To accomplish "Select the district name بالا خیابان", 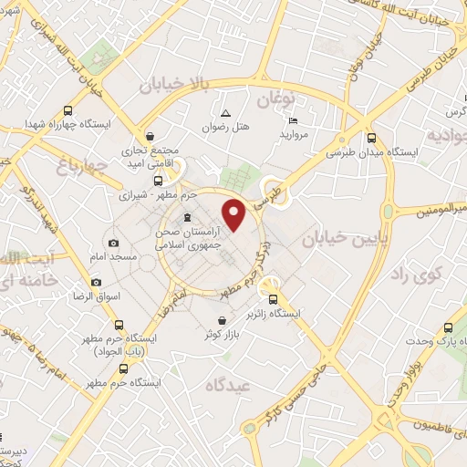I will (175, 85).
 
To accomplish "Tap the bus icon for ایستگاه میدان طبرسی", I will (369, 139).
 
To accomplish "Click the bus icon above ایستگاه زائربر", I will (272, 298).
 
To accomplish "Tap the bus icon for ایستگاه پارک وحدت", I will (447, 329).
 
